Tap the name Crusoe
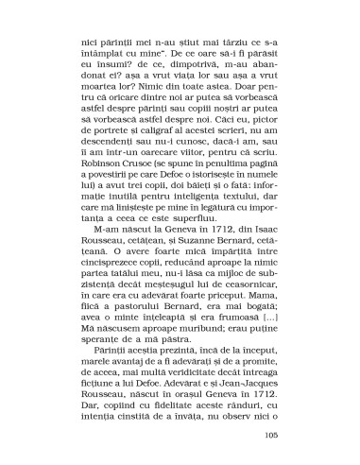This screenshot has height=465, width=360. point(142,177)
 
